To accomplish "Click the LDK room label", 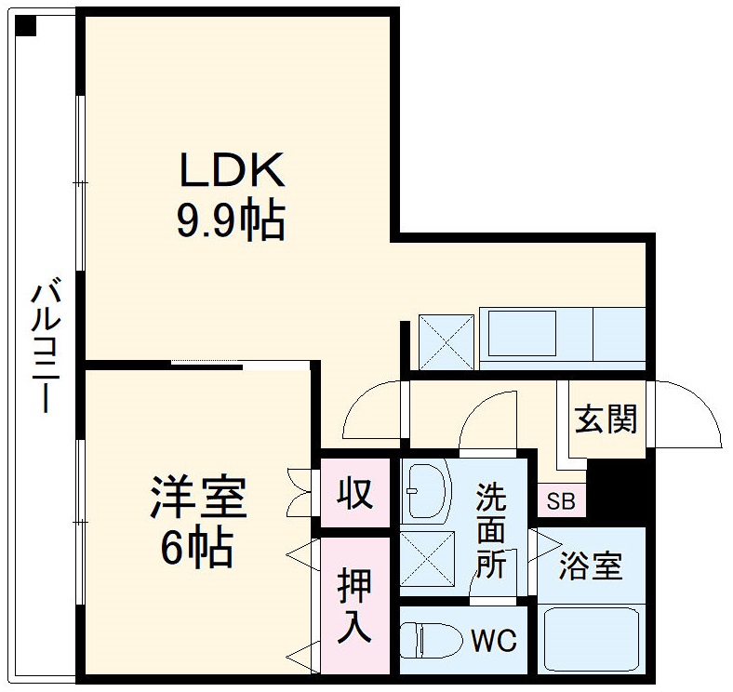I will (x=231, y=171).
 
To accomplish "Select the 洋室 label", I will (x=199, y=499).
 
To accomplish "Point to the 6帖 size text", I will (x=196, y=550).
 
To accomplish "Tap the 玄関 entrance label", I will (x=606, y=419).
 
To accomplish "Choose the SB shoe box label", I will (x=561, y=502).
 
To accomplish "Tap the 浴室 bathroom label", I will (x=591, y=566).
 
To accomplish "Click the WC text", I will (x=493, y=641).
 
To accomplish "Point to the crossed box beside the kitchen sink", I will (x=446, y=340).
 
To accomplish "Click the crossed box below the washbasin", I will (x=425, y=558).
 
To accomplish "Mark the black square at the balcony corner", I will (x=25, y=26).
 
